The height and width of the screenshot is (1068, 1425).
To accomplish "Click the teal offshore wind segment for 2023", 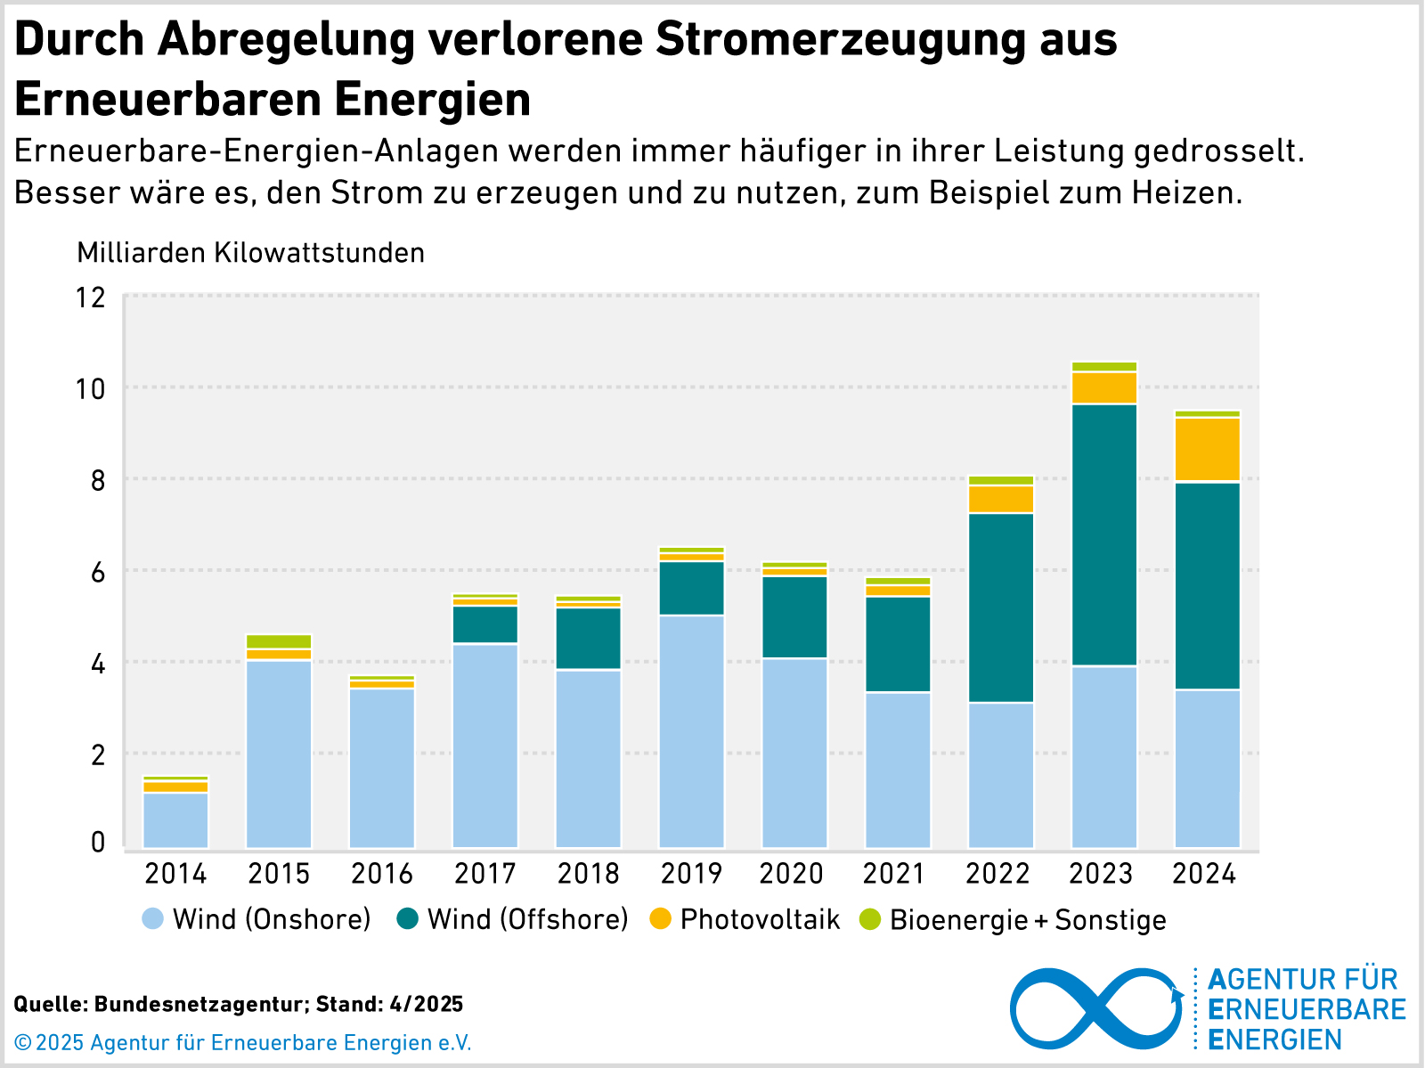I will [1104, 534].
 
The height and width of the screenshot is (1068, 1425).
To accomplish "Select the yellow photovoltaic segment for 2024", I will [1208, 450].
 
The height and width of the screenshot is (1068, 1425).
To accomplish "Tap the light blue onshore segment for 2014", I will [175, 819].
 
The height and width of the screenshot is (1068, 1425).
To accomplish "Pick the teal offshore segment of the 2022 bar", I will [1001, 607].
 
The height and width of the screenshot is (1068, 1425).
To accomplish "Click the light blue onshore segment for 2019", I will [691, 730].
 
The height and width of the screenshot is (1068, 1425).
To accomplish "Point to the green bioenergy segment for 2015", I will [279, 641].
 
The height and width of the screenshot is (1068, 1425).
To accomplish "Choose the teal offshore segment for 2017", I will [485, 624].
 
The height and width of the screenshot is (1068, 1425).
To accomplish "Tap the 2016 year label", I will [382, 874].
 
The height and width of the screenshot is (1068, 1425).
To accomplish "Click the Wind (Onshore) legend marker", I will [153, 919].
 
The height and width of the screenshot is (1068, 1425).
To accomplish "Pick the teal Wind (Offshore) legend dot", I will [408, 919].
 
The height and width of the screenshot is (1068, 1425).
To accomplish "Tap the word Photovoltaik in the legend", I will [760, 919].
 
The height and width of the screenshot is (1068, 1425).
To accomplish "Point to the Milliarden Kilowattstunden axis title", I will [250, 253].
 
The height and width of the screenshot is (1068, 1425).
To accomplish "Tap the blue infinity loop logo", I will [1095, 1007].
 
